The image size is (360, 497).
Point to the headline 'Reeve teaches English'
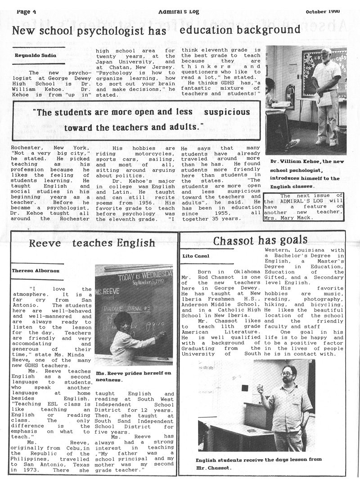[x=92, y=244]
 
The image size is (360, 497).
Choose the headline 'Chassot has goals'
[x=260, y=240]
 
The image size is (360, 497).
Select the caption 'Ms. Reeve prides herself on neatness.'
[x=133, y=376]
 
